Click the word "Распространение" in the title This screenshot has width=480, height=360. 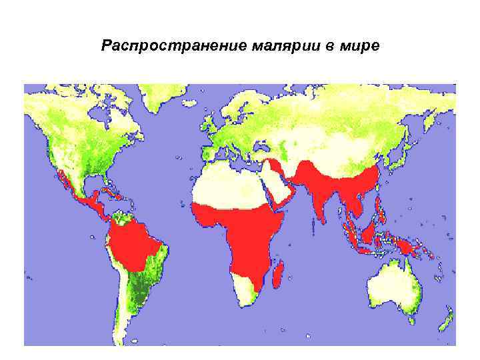[x=175, y=47]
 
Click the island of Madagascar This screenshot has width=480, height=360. [x=281, y=274]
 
